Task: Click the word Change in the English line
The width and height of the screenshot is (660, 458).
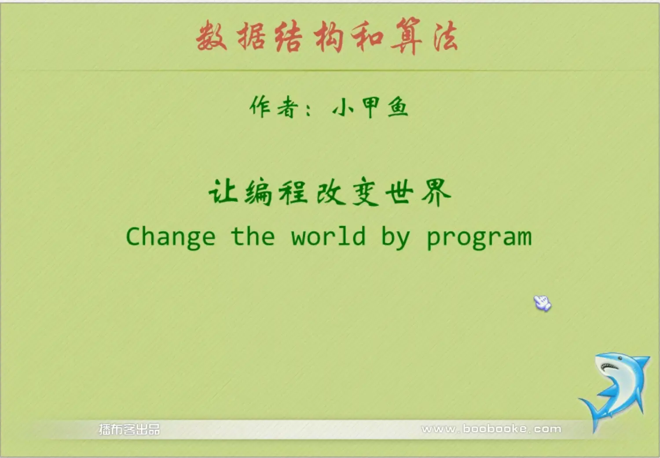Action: [171, 237]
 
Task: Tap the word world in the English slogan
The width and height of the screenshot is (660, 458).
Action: [328, 236]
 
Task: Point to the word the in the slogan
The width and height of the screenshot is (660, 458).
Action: [253, 236]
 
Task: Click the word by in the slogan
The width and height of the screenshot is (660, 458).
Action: [396, 238]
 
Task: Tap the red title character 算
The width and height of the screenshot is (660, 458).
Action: [407, 35]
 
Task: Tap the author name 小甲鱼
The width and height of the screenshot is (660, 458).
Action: [370, 107]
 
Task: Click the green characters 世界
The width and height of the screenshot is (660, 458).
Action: [418, 192]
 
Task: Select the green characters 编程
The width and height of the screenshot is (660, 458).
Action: [276, 192]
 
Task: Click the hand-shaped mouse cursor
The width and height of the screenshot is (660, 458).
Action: [542, 303]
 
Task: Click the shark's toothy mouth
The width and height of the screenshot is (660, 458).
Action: [609, 367]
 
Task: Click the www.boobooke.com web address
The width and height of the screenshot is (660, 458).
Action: [491, 429]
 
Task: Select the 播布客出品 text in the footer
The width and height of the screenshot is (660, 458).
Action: [129, 429]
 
